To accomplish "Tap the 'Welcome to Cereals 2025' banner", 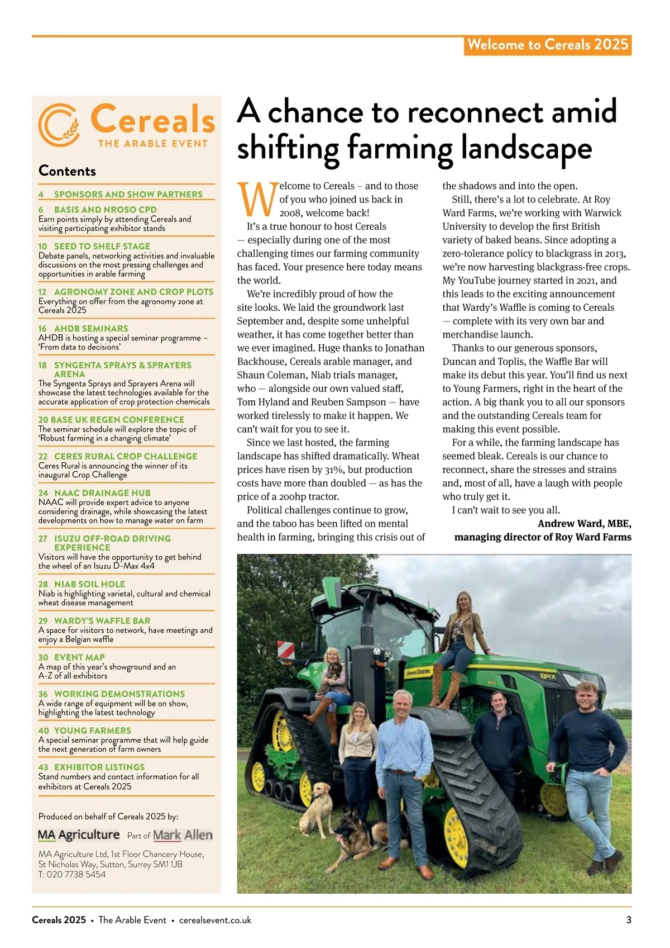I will click(547, 45).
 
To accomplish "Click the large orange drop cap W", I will click(256, 200).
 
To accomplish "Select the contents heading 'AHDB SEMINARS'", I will click(91, 329).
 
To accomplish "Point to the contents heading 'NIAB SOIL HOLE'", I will click(89, 584).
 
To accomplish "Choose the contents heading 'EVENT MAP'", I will click(79, 657).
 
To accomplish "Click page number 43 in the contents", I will click(43, 767).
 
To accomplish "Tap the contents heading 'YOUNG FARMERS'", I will click(93, 731).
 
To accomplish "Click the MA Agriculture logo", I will click(79, 835).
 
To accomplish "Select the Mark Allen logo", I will click(183, 835).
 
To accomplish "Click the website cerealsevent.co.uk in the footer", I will click(215, 920).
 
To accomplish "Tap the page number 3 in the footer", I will click(629, 920).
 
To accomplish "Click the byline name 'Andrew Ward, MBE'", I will click(584, 524).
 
